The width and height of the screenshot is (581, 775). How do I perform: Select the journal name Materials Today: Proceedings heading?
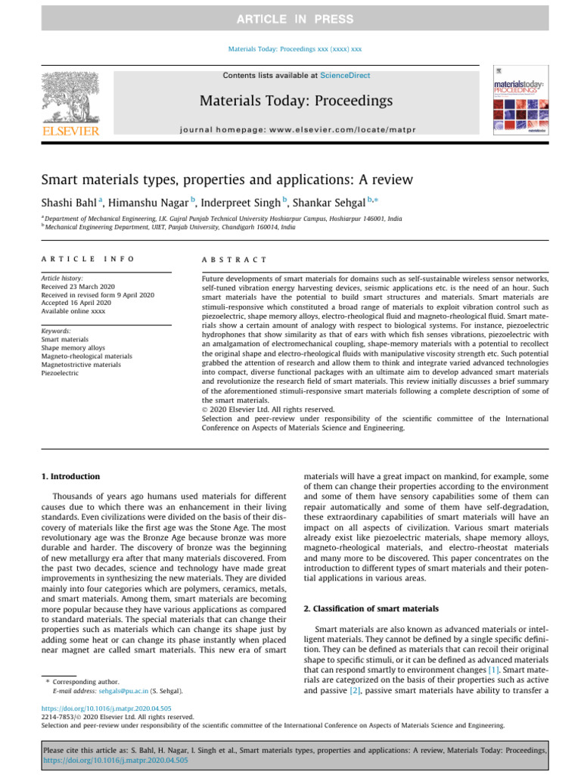[296, 101]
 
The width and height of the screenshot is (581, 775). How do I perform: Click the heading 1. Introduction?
[69, 476]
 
